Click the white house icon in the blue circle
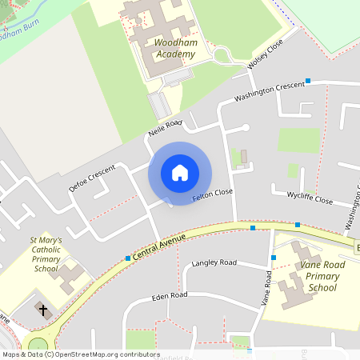click(x=180, y=172)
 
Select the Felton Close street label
click(x=213, y=194)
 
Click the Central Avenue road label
click(x=160, y=247)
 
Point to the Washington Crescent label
click(x=270, y=91)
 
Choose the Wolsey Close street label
click(x=266, y=55)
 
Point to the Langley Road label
click(x=214, y=263)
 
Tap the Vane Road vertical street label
click(x=266, y=289)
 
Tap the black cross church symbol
click(x=42, y=310)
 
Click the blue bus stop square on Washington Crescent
click(x=308, y=81)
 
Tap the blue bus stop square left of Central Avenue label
click(x=128, y=258)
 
